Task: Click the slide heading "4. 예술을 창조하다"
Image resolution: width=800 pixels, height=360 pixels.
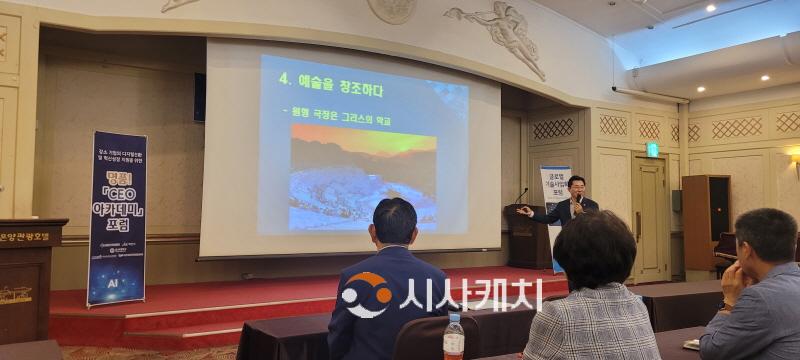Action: (330, 90)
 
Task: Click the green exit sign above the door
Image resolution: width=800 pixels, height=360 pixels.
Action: (652, 149)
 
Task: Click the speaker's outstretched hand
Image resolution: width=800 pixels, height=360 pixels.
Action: (525, 211)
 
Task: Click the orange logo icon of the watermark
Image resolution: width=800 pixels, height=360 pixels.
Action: (365, 295)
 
